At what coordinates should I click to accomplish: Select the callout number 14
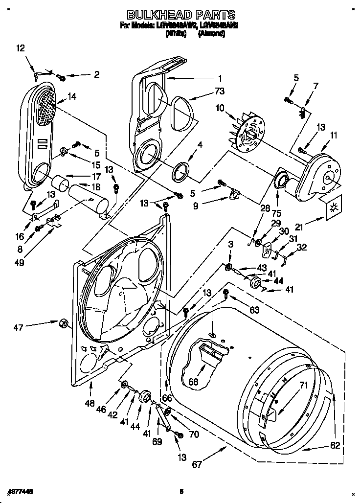pyautogui.click(x=71, y=97)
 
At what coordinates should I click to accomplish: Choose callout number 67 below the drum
pyautogui.click(x=196, y=464)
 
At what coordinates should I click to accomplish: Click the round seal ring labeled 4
pyautogui.click(x=181, y=171)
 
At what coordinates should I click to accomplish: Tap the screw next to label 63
pyautogui.click(x=226, y=293)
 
